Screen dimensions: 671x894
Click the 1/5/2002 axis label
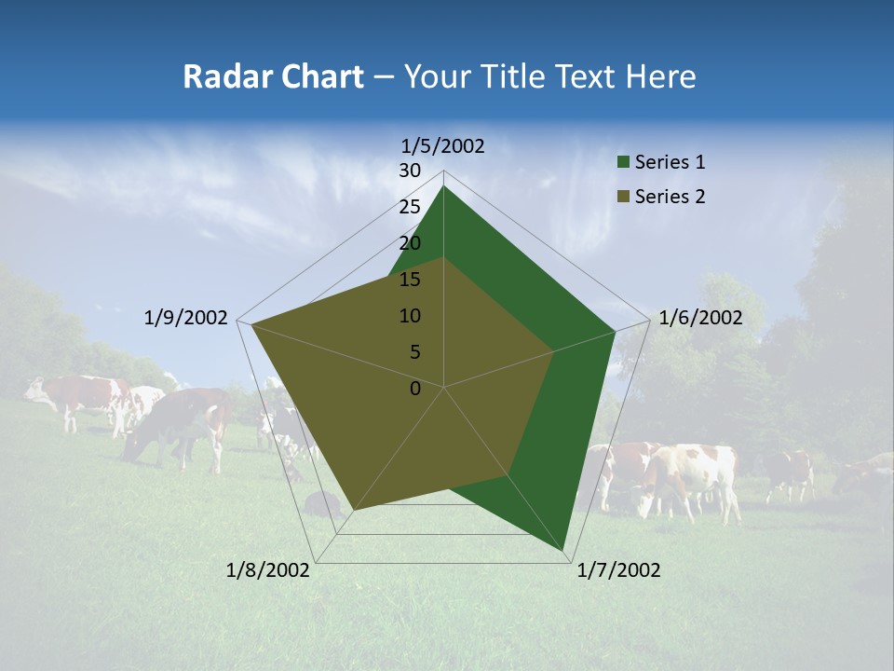pos(443,146)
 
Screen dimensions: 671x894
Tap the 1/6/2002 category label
pos(700,318)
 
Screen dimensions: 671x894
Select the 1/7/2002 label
pos(618,570)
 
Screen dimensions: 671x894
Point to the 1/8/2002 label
pos(268,570)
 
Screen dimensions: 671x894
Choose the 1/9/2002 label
pos(186,318)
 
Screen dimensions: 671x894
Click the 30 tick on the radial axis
pos(410,171)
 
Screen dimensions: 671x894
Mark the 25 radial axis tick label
pos(410,207)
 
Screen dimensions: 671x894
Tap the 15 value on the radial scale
pos(410,280)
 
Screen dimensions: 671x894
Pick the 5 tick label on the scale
pos(414,352)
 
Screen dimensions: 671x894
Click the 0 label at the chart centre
pos(415,389)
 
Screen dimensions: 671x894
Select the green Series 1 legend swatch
pos(624,162)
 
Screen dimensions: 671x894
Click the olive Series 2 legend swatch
pos(624,197)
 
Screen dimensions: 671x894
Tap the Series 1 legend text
pos(670,162)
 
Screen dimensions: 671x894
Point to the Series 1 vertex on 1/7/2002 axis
pos(563,551)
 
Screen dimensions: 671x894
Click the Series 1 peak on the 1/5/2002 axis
pos(443,186)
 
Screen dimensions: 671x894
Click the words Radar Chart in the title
pos(273,76)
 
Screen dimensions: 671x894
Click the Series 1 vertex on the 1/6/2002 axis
pos(615,331)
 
